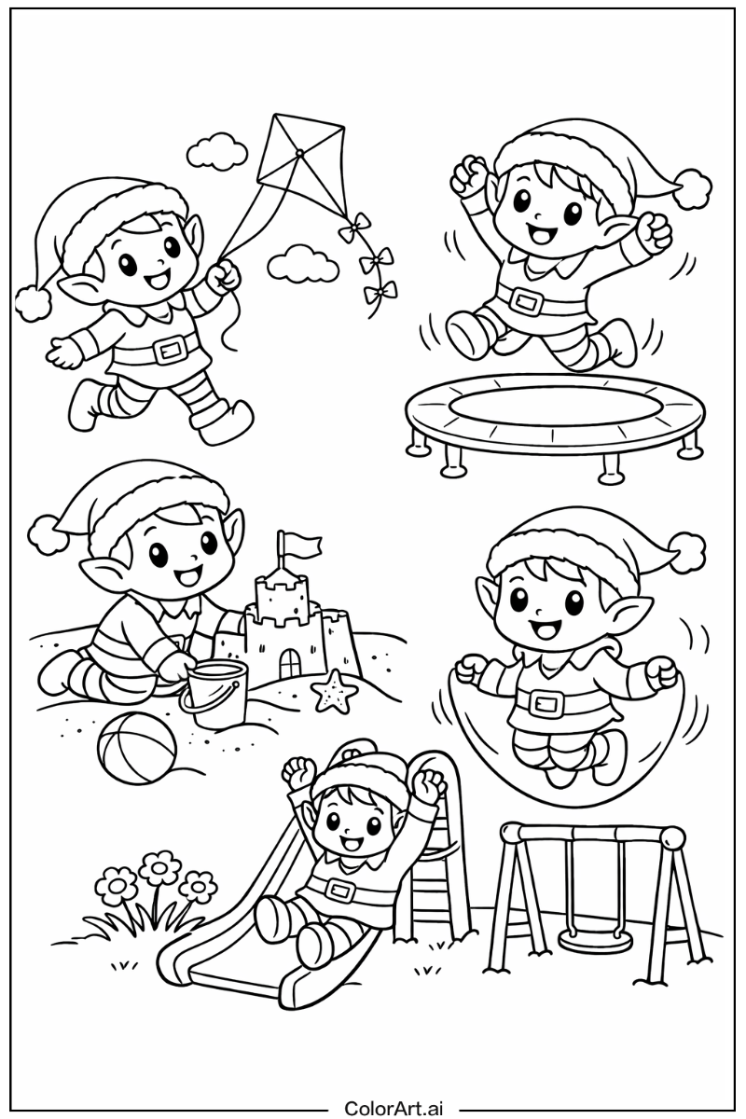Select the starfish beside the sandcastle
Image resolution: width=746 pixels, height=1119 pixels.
click(x=335, y=691)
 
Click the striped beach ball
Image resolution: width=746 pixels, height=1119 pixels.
click(x=137, y=753)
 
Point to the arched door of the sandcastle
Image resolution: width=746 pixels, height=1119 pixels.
click(x=290, y=666)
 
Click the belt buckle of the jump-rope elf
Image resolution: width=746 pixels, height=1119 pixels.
click(x=543, y=704)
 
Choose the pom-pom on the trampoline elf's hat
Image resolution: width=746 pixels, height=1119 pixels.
click(x=693, y=188)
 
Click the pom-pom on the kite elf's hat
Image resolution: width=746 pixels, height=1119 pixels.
click(x=34, y=304)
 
